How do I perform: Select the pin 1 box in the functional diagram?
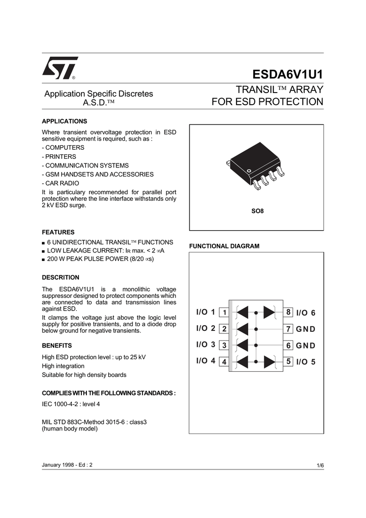224,312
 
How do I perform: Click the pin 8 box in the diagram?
289,312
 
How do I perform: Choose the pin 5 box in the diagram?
289,362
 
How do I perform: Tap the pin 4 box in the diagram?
224,362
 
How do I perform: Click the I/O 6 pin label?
305,313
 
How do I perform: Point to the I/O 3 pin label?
206,345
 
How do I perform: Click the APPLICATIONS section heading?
64,121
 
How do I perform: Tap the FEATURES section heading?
58,232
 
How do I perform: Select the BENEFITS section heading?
57,346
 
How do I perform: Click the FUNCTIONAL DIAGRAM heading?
224,246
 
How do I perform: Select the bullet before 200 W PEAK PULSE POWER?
43,260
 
